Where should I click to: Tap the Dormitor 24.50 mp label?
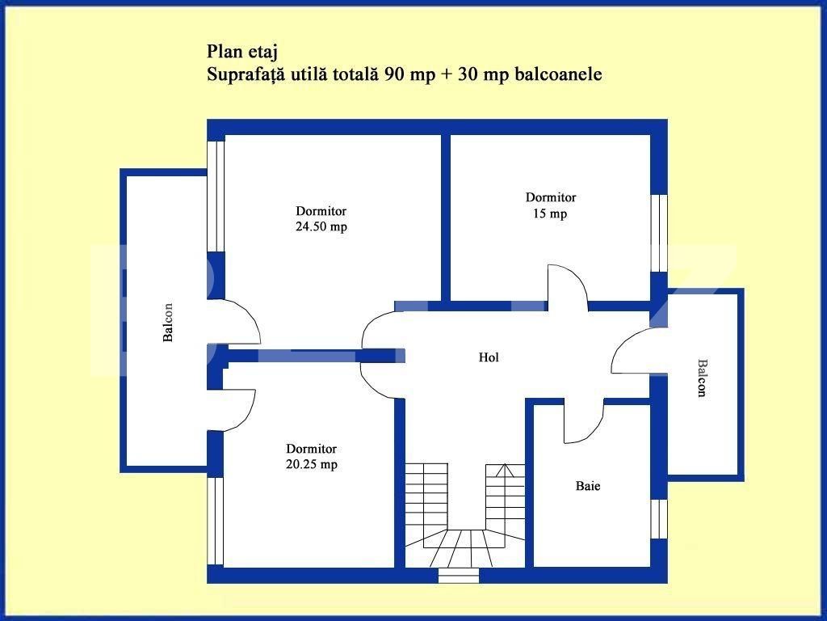tap(321, 219)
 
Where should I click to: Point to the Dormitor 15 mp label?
tap(550, 205)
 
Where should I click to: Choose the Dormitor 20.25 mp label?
tap(311, 456)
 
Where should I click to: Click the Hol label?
tap(488, 357)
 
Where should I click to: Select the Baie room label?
tap(588, 486)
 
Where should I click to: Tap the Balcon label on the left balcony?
tap(168, 322)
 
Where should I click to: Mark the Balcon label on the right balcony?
tap(701, 378)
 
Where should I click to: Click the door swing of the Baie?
tap(584, 422)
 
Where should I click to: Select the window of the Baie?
tap(659, 518)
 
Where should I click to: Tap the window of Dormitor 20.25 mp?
tap(215, 521)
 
